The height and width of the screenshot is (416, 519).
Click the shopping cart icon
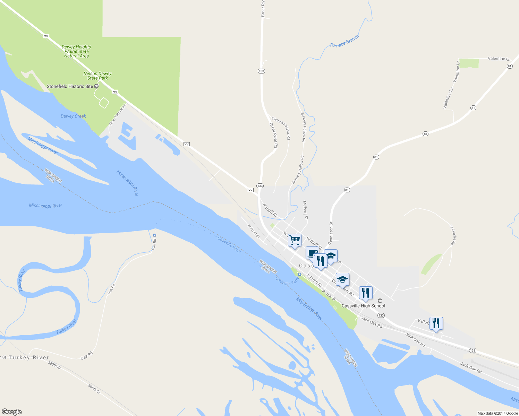(x=295, y=240)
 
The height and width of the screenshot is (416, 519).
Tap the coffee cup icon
(x=312, y=252)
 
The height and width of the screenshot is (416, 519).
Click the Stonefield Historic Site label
(x=70, y=86)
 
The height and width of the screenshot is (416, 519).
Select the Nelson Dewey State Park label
(x=97, y=76)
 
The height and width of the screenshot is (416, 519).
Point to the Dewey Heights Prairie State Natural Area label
(x=76, y=51)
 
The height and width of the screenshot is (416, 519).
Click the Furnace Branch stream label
(x=344, y=41)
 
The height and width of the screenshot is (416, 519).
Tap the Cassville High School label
(x=363, y=306)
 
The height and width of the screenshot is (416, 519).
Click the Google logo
(x=12, y=412)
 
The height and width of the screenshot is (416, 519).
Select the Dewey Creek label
(x=73, y=116)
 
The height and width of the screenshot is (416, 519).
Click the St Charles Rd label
(x=452, y=235)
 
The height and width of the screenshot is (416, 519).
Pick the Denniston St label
(x=331, y=233)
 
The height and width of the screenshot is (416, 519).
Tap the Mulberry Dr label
(x=305, y=210)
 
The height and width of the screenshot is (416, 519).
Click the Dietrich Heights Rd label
(x=281, y=128)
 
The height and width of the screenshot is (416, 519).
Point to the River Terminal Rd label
(x=118, y=114)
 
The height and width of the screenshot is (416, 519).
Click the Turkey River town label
(x=29, y=357)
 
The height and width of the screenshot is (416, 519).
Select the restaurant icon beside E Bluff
(x=436, y=323)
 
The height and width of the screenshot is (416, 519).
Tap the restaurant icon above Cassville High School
(x=365, y=293)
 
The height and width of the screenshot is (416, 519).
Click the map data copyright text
(x=497, y=413)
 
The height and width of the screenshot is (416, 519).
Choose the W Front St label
(x=254, y=231)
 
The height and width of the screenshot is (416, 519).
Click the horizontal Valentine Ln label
(x=499, y=59)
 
